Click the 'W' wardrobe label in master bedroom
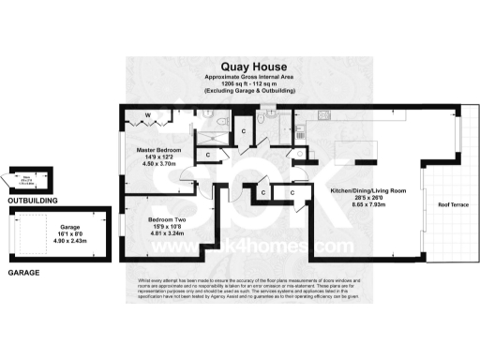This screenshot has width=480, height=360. (146, 116)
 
